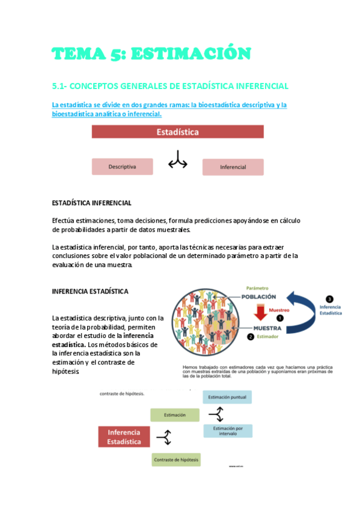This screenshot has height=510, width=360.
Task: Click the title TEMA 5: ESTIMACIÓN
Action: tap(151, 54)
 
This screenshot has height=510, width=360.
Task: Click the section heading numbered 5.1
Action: tap(171, 86)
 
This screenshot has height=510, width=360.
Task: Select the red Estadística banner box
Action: tap(177, 132)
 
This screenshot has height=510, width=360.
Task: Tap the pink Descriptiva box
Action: tap(122, 166)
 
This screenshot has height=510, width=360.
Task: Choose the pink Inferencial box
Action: tap(233, 167)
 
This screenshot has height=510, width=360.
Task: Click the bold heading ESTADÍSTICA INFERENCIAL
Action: tap(92, 203)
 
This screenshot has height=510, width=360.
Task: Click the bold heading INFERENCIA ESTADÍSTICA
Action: tap(90, 291)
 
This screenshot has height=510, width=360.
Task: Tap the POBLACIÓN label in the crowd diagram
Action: tap(259, 296)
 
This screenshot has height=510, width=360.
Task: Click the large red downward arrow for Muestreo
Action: tap(260, 313)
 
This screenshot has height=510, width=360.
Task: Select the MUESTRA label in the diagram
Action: tap(268, 328)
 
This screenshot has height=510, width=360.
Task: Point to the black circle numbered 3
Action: tap(329, 298)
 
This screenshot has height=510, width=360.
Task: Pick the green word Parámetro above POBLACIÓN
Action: tap(256, 288)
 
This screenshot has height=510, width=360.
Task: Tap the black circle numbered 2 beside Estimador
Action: tap(251, 337)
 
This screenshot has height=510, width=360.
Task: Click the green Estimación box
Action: tap(175, 415)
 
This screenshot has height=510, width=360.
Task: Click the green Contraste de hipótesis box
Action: tap(176, 460)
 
